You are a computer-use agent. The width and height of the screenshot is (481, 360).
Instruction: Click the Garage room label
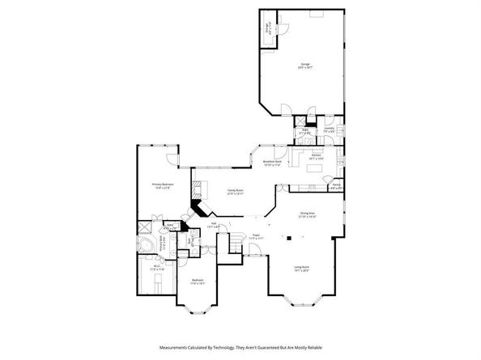(x=304, y=66)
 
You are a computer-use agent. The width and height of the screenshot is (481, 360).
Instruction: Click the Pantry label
(x=336, y=185)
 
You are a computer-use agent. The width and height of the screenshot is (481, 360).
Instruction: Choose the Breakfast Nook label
(x=271, y=163)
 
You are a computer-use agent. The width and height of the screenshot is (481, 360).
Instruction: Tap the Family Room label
(x=236, y=193)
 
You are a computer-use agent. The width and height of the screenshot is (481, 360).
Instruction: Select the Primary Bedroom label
(x=163, y=185)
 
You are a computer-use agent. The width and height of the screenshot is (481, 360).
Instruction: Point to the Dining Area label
(x=307, y=214)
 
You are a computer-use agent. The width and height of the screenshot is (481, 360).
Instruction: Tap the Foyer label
(x=255, y=238)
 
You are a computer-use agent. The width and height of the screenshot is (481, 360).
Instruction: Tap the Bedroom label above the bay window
(x=197, y=281)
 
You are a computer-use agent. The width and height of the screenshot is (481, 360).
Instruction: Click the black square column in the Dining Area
(x=287, y=238)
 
